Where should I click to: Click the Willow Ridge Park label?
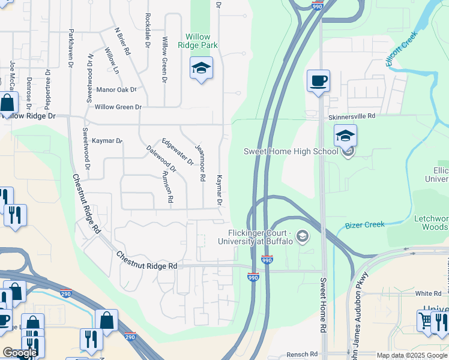201,41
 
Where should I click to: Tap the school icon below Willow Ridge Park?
201,69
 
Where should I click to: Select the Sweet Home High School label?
291,151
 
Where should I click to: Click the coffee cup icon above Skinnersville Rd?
318,80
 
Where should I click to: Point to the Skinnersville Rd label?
351,116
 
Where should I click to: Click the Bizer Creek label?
365,225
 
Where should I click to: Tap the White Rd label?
428,294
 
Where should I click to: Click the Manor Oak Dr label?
116,90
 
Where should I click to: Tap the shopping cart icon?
425,321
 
